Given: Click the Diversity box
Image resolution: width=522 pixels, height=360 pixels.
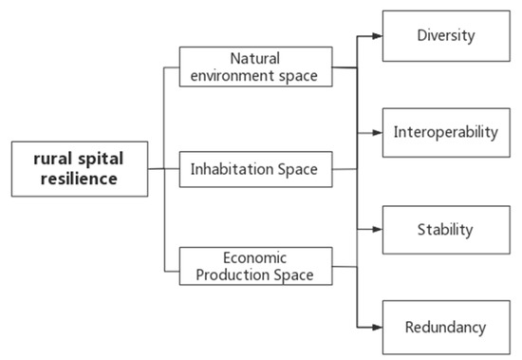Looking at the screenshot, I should tap(445, 36).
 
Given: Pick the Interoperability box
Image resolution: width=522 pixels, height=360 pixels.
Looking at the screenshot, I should tap(445, 132).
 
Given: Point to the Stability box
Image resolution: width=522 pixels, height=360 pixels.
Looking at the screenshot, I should tap(445, 229).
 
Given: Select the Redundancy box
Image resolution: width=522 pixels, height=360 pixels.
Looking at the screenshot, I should tap(445, 328).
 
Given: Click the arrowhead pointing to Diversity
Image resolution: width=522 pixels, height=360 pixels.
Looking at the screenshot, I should tap(377, 36).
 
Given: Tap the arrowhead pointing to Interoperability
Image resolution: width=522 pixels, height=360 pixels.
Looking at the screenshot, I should tap(377, 132).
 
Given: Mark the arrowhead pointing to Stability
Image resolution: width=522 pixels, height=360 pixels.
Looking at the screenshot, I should tap(377, 229).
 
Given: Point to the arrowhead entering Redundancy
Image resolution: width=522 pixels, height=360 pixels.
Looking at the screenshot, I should tap(377, 328).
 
